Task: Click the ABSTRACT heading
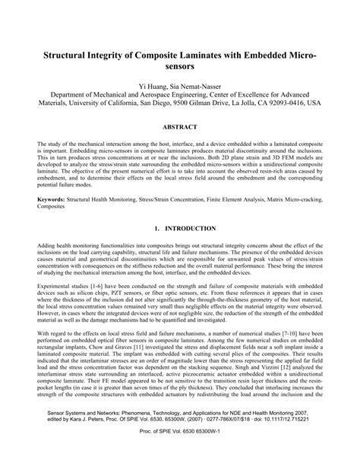click(180, 127)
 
